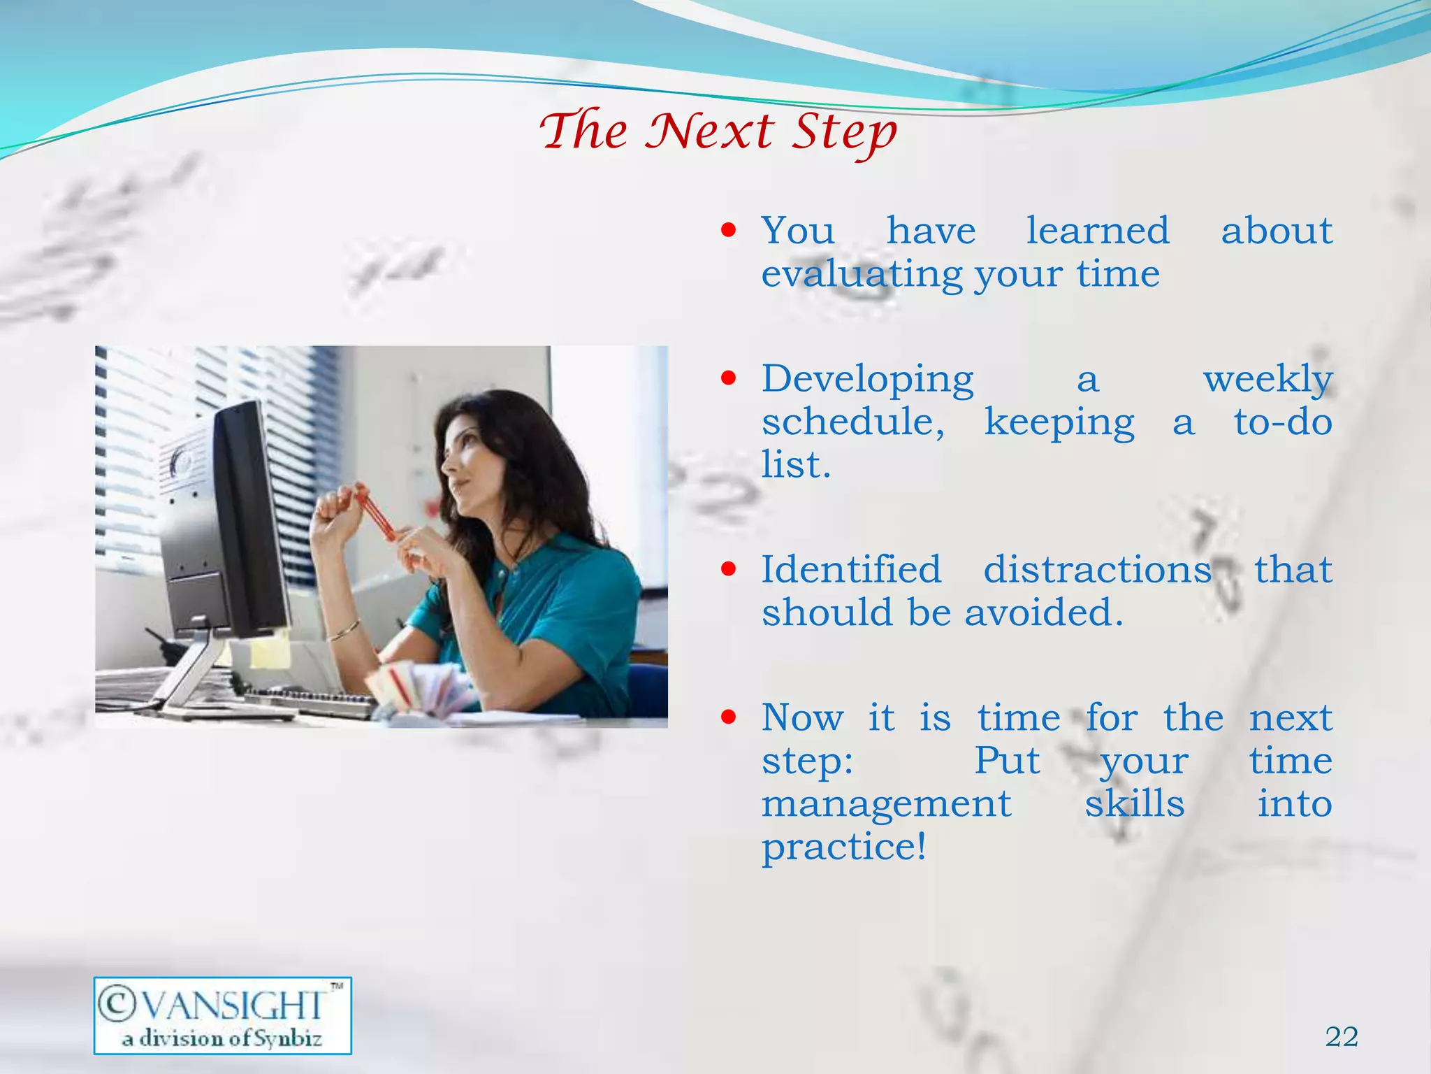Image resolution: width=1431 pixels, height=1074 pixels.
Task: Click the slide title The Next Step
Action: point(718,131)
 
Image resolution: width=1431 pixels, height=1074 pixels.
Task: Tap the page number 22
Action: point(1342,1037)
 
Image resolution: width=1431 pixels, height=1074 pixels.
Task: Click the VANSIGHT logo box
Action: point(222,1016)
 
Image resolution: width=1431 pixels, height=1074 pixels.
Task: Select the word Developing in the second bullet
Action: point(867,380)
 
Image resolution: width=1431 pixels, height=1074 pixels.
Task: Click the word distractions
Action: point(1097,569)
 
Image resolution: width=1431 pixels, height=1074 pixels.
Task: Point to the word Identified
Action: point(851,569)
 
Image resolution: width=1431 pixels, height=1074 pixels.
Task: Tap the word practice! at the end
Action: point(844,847)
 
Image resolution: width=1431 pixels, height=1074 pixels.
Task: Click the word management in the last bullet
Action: point(886,804)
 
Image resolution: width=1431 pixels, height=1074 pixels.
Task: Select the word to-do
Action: point(1283,422)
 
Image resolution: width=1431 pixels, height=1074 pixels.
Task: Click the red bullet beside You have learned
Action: point(729,230)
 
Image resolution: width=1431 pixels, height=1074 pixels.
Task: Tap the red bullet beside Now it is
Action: point(729,717)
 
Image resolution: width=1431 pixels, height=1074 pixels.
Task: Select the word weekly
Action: point(1267,380)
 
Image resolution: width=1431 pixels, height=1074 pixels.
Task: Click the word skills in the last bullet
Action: point(1134,804)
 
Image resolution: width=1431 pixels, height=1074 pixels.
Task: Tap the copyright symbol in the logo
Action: point(116,1003)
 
